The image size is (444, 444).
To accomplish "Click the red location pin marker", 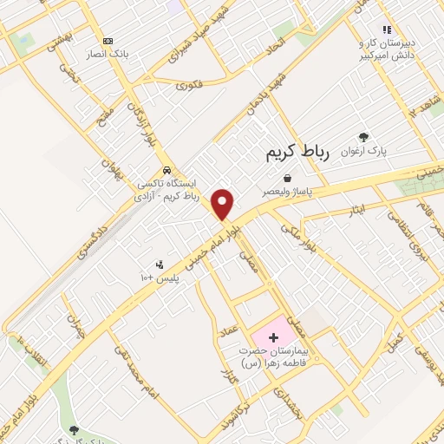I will pyautogui.click(x=224, y=203).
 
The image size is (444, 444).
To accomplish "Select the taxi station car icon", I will pyautogui.click(x=166, y=170).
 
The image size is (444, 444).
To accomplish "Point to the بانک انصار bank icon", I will pyautogui.click(x=108, y=41).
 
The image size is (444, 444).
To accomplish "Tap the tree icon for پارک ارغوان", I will pyautogui.click(x=363, y=137).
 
